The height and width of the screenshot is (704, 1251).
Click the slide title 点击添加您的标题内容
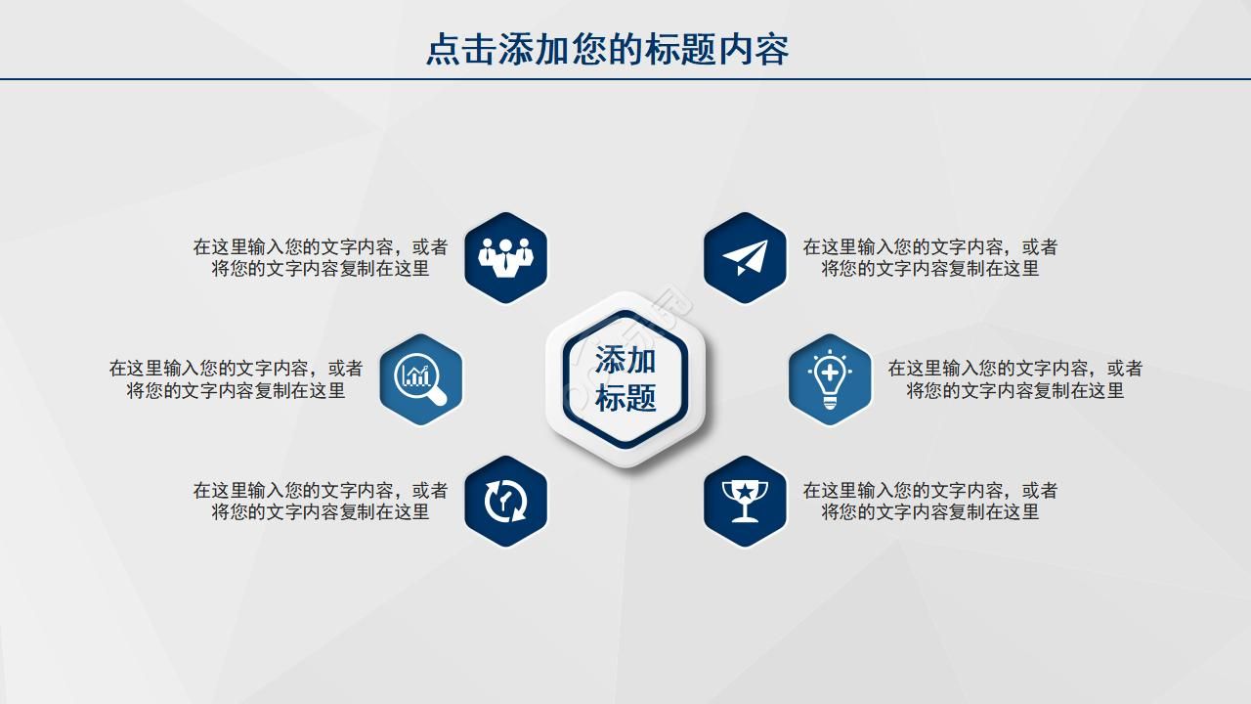tap(607, 49)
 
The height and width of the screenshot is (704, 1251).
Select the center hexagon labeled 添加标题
tap(625, 379)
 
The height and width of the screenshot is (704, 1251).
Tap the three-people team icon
tap(506, 257)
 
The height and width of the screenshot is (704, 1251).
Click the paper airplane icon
tap(745, 257)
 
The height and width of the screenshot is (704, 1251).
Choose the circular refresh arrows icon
tap(506, 501)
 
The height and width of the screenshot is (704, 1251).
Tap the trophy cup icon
tap(745, 501)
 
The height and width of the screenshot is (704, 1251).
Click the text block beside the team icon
tap(321, 257)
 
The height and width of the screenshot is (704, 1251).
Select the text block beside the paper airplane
tap(929, 257)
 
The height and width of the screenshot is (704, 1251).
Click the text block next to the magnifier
tap(236, 379)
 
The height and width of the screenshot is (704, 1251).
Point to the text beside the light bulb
tap(1014, 379)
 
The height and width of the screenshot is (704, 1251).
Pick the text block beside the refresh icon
tap(321, 501)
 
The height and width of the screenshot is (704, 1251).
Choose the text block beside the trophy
tap(929, 501)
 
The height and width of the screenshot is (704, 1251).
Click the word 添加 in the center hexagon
tap(625, 360)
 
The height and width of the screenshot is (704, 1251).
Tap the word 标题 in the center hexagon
tap(625, 398)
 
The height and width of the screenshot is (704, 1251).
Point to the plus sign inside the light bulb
tap(830, 372)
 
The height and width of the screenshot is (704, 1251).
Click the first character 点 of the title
tap(443, 49)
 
